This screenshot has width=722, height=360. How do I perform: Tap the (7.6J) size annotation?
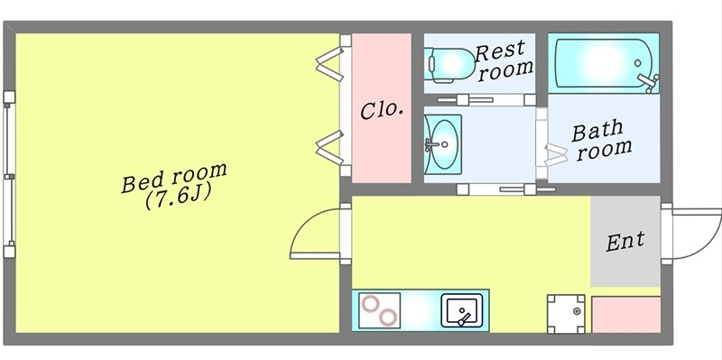[177, 198]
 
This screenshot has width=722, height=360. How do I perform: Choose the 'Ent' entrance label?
[625, 241]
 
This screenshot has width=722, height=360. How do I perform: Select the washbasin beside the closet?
[442, 143]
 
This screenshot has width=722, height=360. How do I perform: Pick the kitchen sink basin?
[462, 311]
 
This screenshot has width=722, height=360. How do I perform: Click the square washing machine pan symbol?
[565, 313]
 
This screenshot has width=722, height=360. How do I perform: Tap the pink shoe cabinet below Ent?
[625, 313]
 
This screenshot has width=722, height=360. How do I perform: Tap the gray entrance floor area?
[625, 262]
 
